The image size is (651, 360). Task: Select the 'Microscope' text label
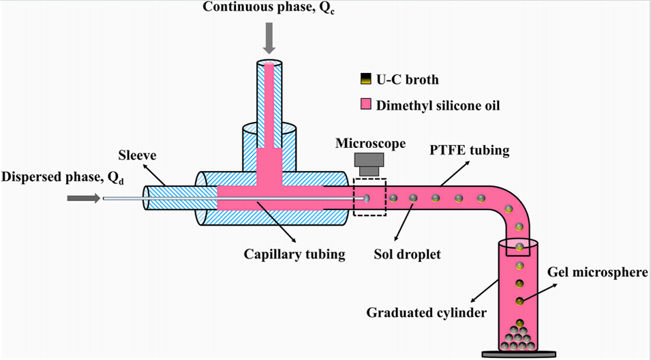point(370,144)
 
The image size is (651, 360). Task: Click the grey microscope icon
point(370,163)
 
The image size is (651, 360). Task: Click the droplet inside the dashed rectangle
point(367,198)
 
